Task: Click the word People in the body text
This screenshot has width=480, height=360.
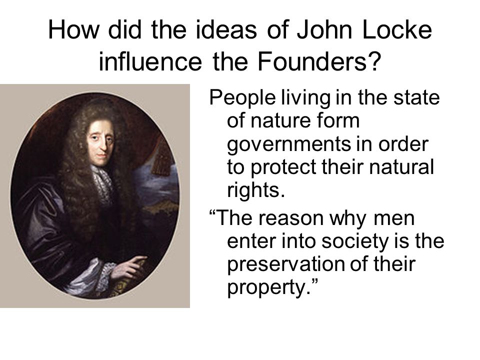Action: tap(242, 98)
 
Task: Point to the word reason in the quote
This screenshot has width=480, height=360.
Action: tap(291, 219)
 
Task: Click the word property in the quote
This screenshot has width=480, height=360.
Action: tap(266, 288)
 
